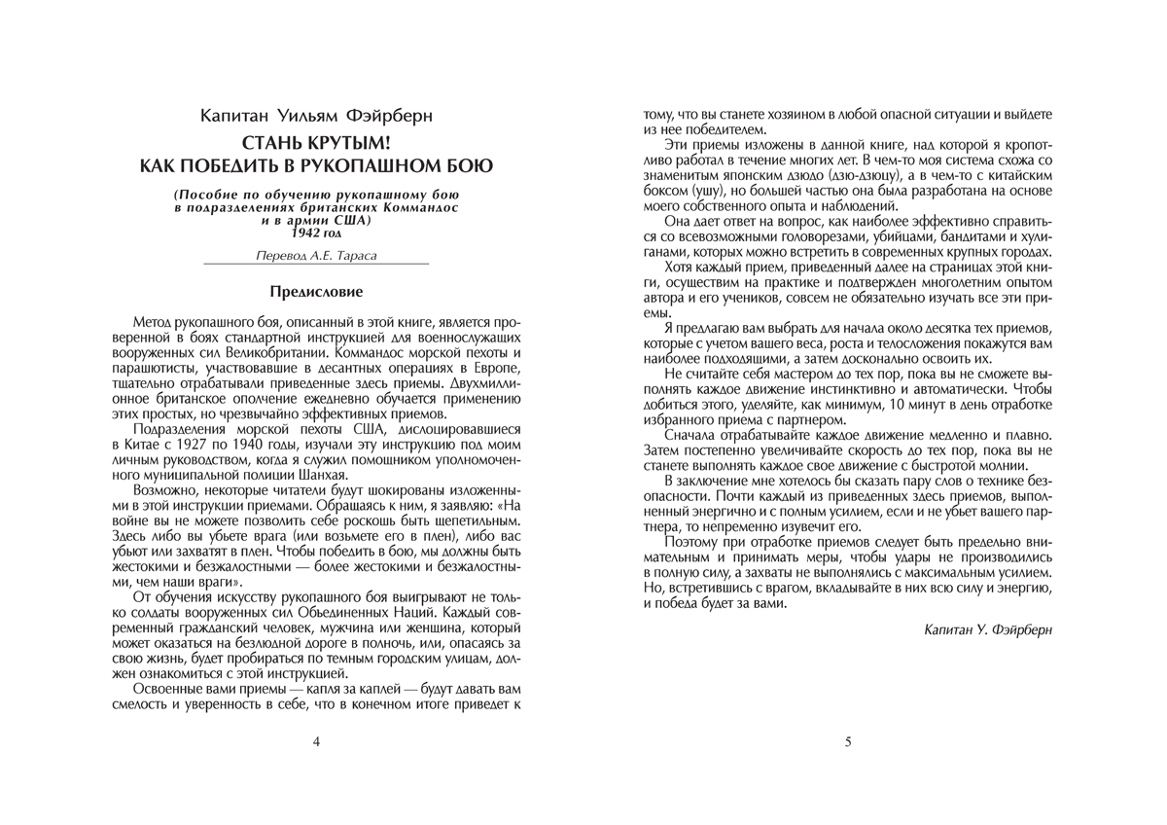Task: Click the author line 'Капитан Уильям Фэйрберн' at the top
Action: coord(316,116)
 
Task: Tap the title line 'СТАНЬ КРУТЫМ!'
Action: coord(316,143)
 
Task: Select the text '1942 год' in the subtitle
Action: coord(316,233)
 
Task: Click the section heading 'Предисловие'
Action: coord(316,291)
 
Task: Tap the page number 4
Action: coord(316,741)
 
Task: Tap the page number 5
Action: coord(848,741)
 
